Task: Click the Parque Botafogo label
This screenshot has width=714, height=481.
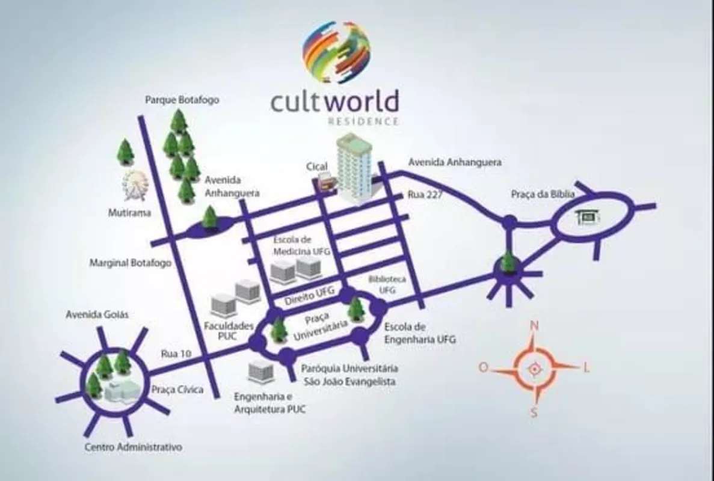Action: click(182, 100)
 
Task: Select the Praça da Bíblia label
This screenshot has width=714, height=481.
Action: click(543, 194)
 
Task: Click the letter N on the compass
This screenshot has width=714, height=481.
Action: click(534, 326)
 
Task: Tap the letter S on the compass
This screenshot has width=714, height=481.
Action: click(534, 412)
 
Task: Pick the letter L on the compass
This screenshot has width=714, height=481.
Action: click(586, 367)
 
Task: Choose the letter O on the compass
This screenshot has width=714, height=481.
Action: click(483, 367)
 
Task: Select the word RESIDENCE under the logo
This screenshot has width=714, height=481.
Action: click(363, 121)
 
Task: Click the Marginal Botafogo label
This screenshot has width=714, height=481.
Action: click(131, 263)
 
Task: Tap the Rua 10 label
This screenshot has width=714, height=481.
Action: click(176, 354)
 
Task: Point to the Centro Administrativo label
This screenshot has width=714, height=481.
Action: click(134, 447)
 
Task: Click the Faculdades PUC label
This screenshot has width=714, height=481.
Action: click(229, 331)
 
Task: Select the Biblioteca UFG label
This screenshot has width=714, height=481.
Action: click(387, 284)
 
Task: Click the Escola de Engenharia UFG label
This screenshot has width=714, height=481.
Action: click(420, 333)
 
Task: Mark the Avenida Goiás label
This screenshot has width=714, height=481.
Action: click(97, 314)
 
